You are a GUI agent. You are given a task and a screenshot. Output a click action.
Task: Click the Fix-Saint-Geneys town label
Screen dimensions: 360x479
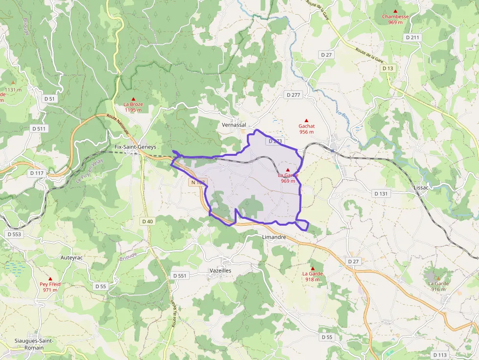tap(135, 147)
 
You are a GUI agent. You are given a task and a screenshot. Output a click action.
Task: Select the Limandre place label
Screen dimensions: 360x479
tap(270, 237)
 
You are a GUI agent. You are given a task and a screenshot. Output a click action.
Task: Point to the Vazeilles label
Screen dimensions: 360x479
tap(219, 270)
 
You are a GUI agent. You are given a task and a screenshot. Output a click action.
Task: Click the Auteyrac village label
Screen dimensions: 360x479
tap(74, 257)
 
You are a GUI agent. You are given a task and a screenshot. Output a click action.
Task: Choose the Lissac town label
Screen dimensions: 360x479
tap(421, 188)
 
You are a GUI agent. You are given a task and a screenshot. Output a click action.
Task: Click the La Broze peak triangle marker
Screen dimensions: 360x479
tap(133, 99)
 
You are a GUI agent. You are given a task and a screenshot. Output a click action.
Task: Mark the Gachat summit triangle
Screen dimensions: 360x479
tap(306, 120)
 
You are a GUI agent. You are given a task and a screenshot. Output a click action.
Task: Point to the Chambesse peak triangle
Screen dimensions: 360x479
tap(395, 11)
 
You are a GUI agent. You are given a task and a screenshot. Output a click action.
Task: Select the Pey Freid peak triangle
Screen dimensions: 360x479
tap(50, 278)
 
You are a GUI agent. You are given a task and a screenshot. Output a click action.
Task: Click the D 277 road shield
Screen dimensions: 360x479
tap(293, 94)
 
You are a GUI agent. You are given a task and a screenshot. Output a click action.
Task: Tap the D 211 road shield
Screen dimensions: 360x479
tap(413, 37)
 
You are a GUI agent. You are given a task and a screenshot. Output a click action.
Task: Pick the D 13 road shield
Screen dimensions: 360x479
tap(388, 68)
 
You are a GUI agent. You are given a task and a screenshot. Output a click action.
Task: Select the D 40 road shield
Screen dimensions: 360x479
tap(147, 221)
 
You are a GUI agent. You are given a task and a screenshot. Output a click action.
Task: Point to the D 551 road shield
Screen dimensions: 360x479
tap(180, 275)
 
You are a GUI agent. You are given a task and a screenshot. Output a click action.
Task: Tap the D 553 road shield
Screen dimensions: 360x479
tap(15, 234)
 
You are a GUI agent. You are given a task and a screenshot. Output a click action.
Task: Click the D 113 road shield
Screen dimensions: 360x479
tap(440, 355)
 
